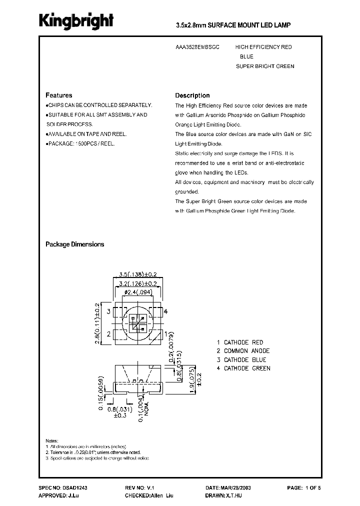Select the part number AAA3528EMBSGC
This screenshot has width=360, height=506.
pyautogui.click(x=197, y=47)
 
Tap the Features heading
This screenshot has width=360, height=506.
pyautogui.click(x=59, y=95)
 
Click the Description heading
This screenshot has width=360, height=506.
pyautogui.click(x=192, y=95)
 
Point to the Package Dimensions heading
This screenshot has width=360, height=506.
pyautogui.click(x=75, y=244)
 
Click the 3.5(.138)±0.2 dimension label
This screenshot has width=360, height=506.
pyautogui.click(x=138, y=274)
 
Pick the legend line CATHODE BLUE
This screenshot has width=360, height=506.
pyautogui.click(x=241, y=359)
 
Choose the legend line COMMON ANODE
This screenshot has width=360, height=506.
pyautogui.click(x=243, y=351)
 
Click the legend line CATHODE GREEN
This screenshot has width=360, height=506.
pyautogui.click(x=243, y=368)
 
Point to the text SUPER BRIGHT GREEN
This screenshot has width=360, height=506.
pyautogui.click(x=265, y=66)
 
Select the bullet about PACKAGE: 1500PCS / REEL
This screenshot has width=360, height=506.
pyautogui.click(x=81, y=143)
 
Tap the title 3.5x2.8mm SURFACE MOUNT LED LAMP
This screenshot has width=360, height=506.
pyautogui.click(x=233, y=24)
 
